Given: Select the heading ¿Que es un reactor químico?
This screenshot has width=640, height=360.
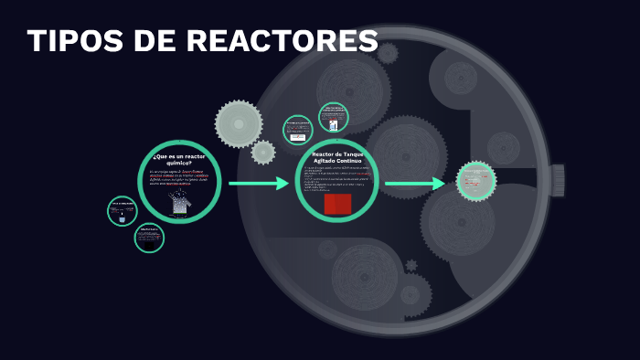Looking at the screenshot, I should (x=179, y=160).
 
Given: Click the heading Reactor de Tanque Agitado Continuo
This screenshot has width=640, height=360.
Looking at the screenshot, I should (x=337, y=157).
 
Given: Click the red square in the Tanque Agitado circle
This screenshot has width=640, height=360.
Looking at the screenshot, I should (x=337, y=203).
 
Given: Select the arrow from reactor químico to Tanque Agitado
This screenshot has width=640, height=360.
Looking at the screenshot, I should (x=259, y=184).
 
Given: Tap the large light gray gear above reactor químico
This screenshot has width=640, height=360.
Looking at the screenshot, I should (x=239, y=123).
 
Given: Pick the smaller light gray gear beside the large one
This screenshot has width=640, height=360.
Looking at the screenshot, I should (x=263, y=152).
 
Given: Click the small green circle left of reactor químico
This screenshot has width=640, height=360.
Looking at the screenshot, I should (x=123, y=211).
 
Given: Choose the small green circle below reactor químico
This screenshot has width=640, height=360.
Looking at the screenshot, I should (x=149, y=238).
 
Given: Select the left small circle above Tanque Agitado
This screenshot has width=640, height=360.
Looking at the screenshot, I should (x=298, y=130).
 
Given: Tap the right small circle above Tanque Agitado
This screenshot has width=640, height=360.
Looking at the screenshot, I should (x=334, y=118).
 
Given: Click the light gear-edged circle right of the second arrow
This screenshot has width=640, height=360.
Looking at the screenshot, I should (x=475, y=181).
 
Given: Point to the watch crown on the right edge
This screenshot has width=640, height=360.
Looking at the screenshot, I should (x=557, y=180).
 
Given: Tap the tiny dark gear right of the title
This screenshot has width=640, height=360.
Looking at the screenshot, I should (x=389, y=53).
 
